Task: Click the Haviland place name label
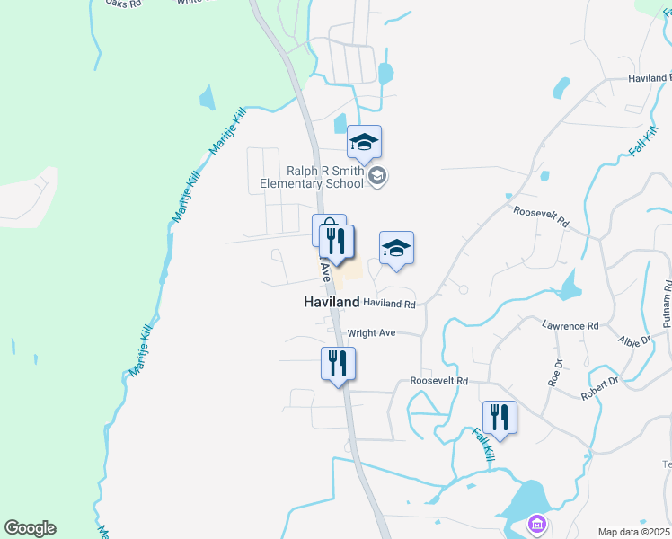332,303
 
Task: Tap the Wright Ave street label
371,332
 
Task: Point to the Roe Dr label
555,373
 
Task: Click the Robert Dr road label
599,387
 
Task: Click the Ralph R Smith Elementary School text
311,176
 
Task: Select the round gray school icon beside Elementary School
378,176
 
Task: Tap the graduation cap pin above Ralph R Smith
364,142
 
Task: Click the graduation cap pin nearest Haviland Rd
396,248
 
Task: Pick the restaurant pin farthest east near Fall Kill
500,417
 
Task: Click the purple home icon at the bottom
537,523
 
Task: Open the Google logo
30,528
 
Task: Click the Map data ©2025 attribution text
634,532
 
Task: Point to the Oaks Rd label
123,4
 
